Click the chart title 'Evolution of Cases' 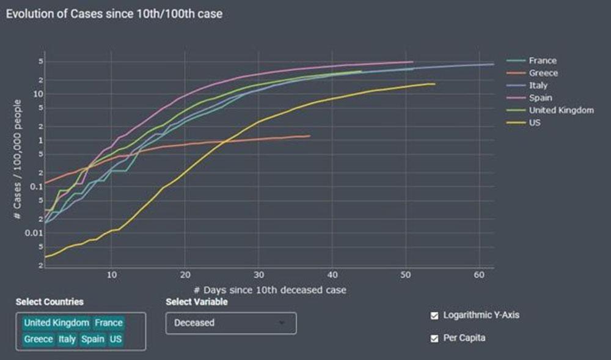pos(114,13)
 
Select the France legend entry pos(543,61)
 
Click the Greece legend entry pos(543,73)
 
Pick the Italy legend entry pos(538,86)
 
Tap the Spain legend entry pos(541,98)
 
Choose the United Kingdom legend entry pos(561,110)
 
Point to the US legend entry pos(535,123)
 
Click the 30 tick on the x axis pos(259,275)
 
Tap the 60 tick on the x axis pos(479,275)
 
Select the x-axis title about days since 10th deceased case pos(269,290)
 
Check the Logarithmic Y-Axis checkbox pos(434,315)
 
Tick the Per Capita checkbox pos(434,338)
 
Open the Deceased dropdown pos(230,323)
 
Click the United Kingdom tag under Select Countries pos(56,323)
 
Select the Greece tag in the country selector pos(38,339)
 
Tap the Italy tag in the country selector pos(67,339)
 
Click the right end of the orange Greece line pos(310,136)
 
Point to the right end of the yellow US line pos(434,84)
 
